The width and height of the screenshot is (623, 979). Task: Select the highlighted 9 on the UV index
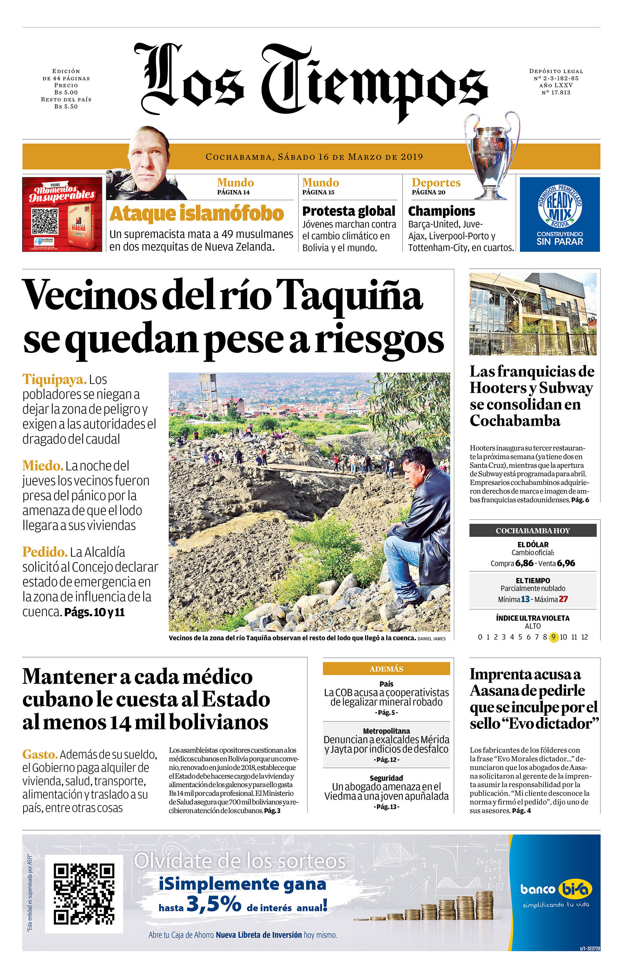pyautogui.click(x=553, y=637)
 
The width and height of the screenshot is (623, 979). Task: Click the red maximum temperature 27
pyautogui.click(x=563, y=599)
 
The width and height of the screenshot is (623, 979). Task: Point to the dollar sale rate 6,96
pyautogui.click(x=566, y=564)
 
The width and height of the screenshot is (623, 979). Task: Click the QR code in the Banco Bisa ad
pyautogui.click(x=84, y=894)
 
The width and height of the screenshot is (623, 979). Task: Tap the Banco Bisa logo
pyautogui.click(x=556, y=890)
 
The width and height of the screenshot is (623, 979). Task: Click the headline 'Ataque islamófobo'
pyautogui.click(x=196, y=214)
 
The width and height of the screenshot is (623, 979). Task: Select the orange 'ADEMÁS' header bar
pyautogui.click(x=386, y=669)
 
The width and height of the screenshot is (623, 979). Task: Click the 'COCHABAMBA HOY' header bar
pyautogui.click(x=533, y=530)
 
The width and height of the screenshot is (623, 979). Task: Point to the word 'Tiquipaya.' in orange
pyautogui.click(x=54, y=379)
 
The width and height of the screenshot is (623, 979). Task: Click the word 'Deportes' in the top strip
pyautogui.click(x=436, y=183)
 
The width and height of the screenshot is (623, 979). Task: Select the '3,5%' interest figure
pyautogui.click(x=214, y=905)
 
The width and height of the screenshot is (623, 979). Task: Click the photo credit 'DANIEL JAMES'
pyautogui.click(x=432, y=639)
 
